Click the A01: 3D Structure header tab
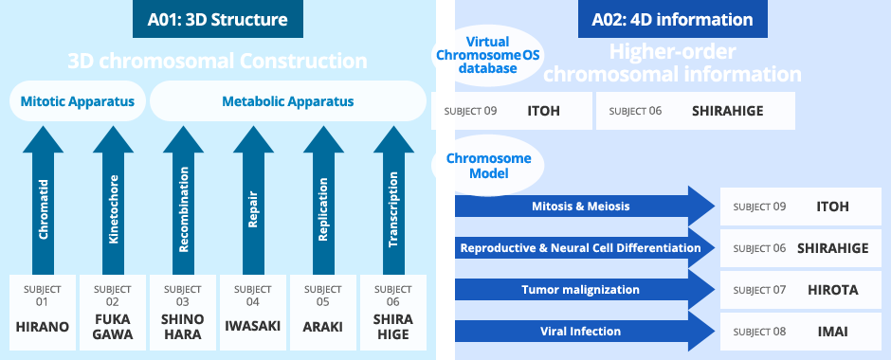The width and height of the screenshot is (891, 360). (x=217, y=19)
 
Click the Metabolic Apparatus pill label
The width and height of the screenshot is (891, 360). (x=287, y=100)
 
